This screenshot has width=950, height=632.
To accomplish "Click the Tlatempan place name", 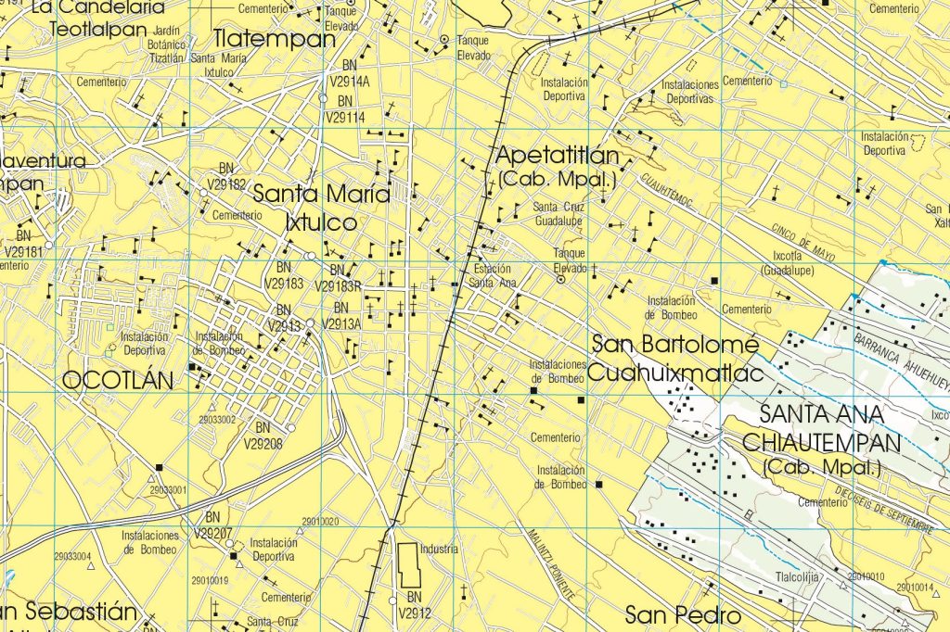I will pos(274,39).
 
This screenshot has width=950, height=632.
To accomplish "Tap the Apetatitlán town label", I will pos(556,154).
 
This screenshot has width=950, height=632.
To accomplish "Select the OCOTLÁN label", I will pos(118,379).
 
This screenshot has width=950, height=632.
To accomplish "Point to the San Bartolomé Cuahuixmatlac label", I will pos(676,358).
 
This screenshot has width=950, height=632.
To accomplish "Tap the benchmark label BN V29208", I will pos(263,435).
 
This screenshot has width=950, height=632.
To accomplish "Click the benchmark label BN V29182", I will pos(226,176).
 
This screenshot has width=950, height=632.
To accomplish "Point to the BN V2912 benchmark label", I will pos(414,604).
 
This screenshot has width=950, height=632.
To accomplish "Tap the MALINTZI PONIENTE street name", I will pos(546,562).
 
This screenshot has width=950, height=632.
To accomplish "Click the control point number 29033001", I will pos(168,489).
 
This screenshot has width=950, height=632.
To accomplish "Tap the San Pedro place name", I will pos(682,614).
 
